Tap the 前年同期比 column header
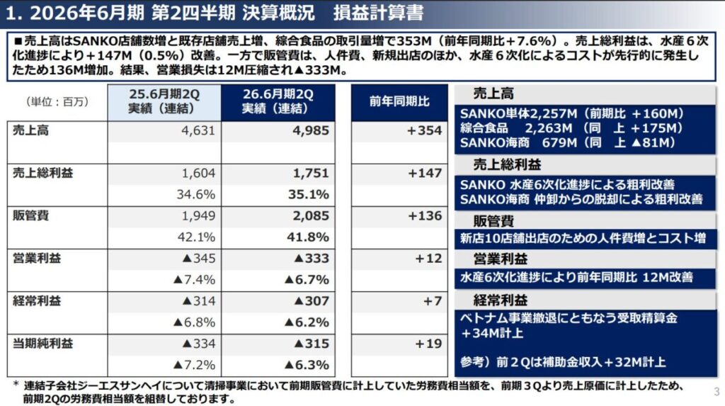tap(399, 101)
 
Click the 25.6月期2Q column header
tap(164, 101)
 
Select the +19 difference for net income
tap(429, 344)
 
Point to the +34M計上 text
tap(496, 333)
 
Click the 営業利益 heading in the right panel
tap(501, 259)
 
